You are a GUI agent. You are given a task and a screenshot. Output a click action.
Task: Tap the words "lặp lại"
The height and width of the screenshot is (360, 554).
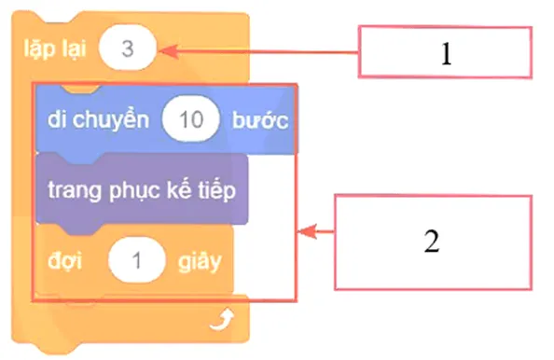coord(54,49)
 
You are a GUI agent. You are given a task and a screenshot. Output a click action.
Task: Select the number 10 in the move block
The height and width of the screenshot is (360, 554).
coord(189,122)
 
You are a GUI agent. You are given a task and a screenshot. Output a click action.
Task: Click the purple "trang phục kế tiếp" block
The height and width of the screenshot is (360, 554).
coord(141,189)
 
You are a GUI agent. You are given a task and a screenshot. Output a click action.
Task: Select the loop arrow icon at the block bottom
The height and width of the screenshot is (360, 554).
coord(221,323)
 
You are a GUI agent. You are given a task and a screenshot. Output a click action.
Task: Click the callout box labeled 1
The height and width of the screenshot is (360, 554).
coord(445,53)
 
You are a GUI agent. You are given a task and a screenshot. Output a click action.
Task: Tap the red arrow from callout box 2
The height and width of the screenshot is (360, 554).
coord(316,231)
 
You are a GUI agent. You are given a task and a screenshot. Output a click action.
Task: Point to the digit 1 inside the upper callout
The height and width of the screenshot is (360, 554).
coord(446,54)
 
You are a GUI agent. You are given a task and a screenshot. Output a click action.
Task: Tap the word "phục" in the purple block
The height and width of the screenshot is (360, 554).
coord(133,190)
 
